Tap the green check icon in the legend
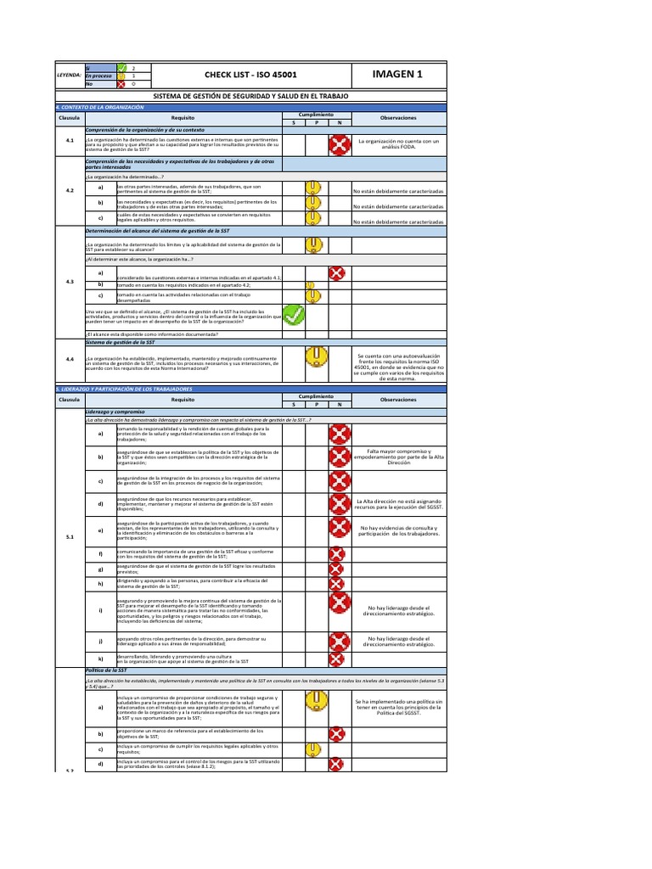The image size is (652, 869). pyautogui.click(x=121, y=67)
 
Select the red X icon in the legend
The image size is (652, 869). pyautogui.click(x=121, y=84)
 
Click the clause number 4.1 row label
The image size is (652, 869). pyautogui.click(x=70, y=142)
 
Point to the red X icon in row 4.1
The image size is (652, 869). pyautogui.click(x=339, y=145)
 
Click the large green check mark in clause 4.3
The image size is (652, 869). pyautogui.click(x=293, y=315)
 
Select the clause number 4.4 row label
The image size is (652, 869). pyautogui.click(x=70, y=360)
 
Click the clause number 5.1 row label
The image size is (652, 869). pyautogui.click(x=70, y=536)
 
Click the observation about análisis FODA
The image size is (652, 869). pyautogui.click(x=398, y=144)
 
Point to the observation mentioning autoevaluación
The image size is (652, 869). pyautogui.click(x=398, y=367)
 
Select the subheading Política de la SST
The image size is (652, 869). pyautogui.click(x=105, y=670)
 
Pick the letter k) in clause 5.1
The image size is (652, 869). pyautogui.click(x=100, y=659)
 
